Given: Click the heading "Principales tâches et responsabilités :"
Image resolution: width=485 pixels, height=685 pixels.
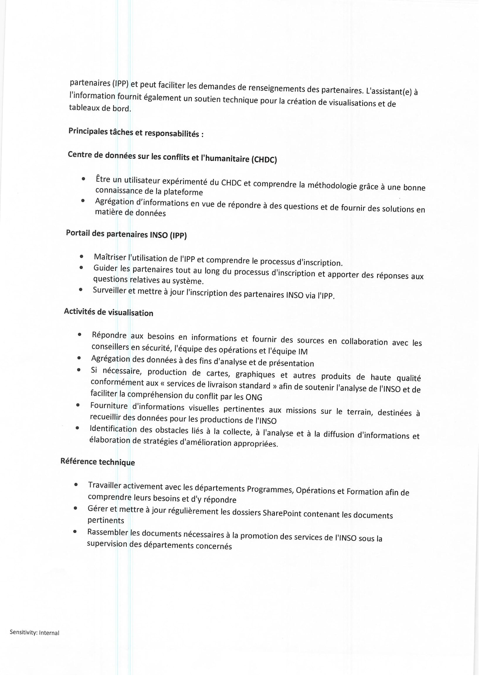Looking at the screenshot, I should point(136,132).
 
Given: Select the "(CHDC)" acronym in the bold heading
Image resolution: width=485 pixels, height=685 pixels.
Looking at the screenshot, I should point(264,160).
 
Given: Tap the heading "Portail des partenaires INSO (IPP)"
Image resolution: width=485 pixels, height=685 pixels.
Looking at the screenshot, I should point(126,234).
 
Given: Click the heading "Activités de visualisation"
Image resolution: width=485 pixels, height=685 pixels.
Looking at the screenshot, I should point(108,312).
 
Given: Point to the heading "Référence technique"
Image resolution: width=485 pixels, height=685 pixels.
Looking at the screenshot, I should point(98,462).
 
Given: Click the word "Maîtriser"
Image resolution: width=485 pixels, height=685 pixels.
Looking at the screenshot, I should point(110,257).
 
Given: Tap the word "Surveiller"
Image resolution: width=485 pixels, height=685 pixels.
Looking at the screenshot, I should point(109,290).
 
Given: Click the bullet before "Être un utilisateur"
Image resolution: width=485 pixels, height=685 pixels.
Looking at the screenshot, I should point(83,179).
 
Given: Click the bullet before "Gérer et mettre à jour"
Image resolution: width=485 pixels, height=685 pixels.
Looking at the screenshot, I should point(76,508).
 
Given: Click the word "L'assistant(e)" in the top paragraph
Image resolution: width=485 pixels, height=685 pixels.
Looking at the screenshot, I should point(389,91).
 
